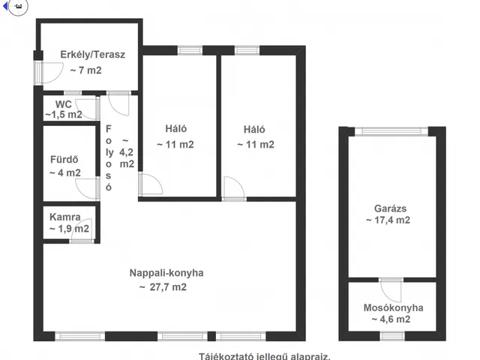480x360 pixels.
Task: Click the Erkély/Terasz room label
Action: [92, 55]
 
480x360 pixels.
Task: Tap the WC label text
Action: [62, 103]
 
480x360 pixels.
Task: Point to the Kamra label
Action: [66, 217]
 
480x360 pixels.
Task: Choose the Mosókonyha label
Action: [393, 307]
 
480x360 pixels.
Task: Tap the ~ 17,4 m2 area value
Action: [388, 220]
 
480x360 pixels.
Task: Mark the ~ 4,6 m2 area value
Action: [390, 319]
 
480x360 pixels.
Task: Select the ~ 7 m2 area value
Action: [86, 70]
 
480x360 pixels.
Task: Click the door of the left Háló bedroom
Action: [150, 185]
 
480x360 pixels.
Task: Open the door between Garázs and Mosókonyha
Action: [391, 288]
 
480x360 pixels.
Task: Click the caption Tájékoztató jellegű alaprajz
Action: [264, 356]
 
